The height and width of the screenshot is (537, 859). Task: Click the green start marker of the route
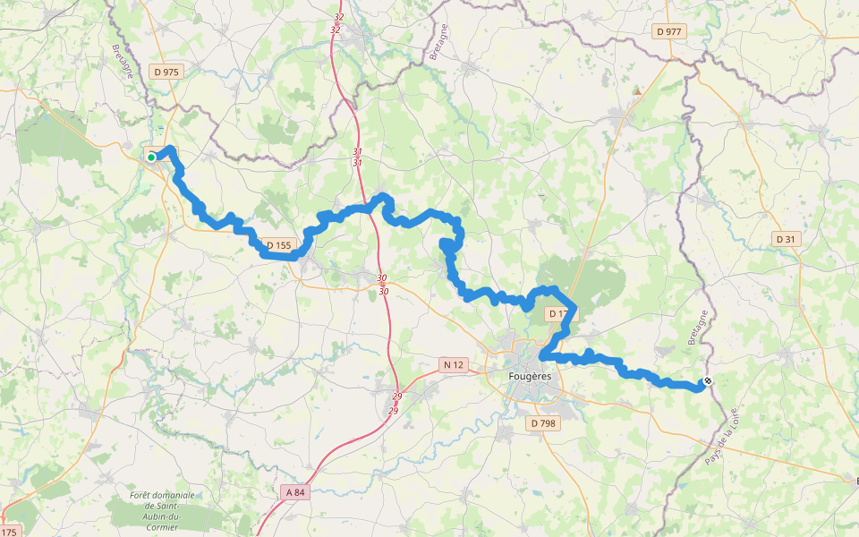(151, 158)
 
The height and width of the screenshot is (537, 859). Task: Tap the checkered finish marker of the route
(708, 381)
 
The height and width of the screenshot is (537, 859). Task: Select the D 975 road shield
(166, 72)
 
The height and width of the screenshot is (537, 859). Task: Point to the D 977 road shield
(668, 31)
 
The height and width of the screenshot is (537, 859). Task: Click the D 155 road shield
(278, 244)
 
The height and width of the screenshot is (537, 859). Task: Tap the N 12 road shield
(455, 364)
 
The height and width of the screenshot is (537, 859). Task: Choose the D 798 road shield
(543, 422)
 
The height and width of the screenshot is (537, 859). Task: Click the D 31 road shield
(785, 239)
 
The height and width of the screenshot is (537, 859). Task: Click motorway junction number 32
(336, 23)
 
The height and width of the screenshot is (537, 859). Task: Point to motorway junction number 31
(357, 157)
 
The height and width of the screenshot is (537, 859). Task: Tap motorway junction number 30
(383, 285)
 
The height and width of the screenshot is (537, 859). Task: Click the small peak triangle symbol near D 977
(636, 90)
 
